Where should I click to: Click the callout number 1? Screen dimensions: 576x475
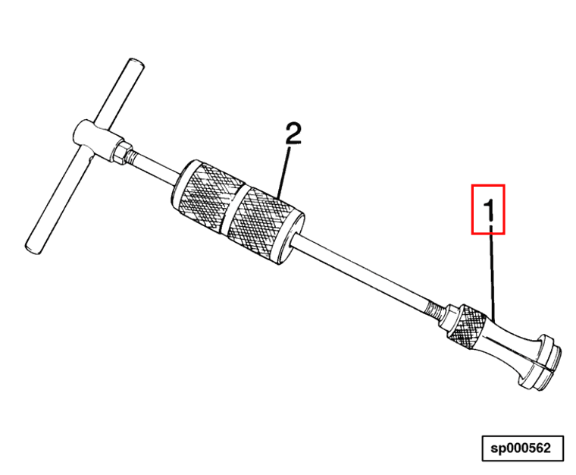(x=488, y=209)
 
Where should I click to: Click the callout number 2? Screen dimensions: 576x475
(x=293, y=134)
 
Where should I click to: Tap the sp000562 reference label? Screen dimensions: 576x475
(x=522, y=448)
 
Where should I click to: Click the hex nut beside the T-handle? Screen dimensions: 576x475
(x=121, y=152)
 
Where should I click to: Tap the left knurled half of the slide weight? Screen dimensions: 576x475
(x=205, y=197)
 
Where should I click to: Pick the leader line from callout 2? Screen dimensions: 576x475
(x=284, y=171)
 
